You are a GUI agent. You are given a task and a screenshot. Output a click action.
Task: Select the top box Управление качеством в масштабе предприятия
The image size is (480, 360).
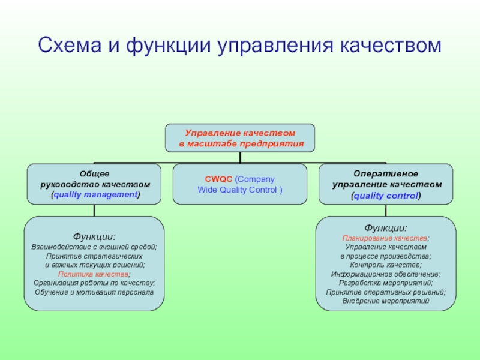[x=240, y=137]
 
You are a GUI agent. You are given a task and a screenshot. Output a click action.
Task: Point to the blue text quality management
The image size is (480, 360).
[x=95, y=195]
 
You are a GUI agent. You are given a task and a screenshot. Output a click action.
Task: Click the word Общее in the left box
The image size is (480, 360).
[x=95, y=173]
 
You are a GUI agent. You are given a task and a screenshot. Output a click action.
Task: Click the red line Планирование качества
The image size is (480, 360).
[x=386, y=238]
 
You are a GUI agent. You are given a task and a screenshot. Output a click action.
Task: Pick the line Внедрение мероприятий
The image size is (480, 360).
[x=386, y=301]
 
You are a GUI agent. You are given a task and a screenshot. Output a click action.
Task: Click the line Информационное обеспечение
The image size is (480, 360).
[x=386, y=274]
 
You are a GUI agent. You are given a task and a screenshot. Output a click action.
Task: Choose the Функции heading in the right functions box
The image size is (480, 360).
[x=386, y=227]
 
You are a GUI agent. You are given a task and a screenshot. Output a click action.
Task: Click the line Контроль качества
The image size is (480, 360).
[x=386, y=265]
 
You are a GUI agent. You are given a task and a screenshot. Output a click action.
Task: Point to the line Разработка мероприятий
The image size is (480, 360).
[x=386, y=283]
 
